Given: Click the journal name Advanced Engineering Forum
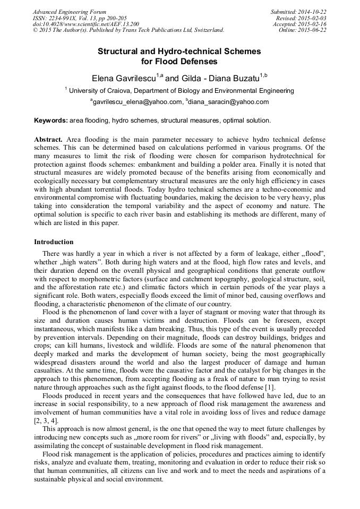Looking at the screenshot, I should click(x=70, y=12).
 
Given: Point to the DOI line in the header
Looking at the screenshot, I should click(x=86, y=24).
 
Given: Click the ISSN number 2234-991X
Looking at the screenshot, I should click(x=68, y=18).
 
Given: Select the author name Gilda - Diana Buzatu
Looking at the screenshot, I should click(x=218, y=78).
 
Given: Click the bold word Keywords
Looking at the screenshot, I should click(x=50, y=120).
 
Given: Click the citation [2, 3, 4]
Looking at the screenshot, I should click(x=46, y=420).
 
